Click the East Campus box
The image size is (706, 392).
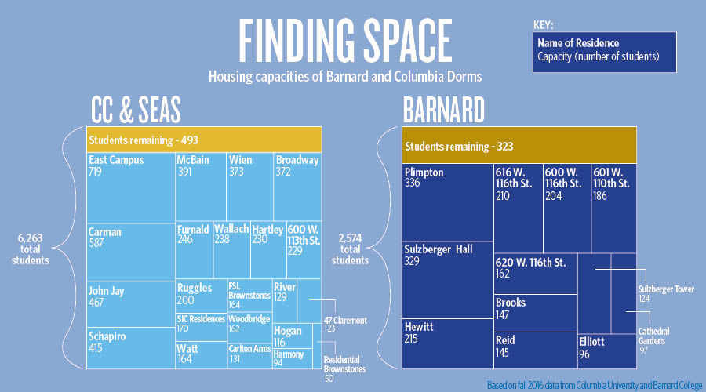pos(130,187)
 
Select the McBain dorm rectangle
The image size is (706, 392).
pos(200,187)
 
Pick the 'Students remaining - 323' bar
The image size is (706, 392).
pos(519,146)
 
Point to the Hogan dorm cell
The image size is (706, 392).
pos(287,336)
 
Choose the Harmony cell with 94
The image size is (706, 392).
pos(287,358)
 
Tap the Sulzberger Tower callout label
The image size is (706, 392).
pos(666,293)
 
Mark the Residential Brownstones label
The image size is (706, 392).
pos(344,365)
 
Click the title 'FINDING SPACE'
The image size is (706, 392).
pos(345,38)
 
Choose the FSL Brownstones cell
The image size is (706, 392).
pos(249,294)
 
